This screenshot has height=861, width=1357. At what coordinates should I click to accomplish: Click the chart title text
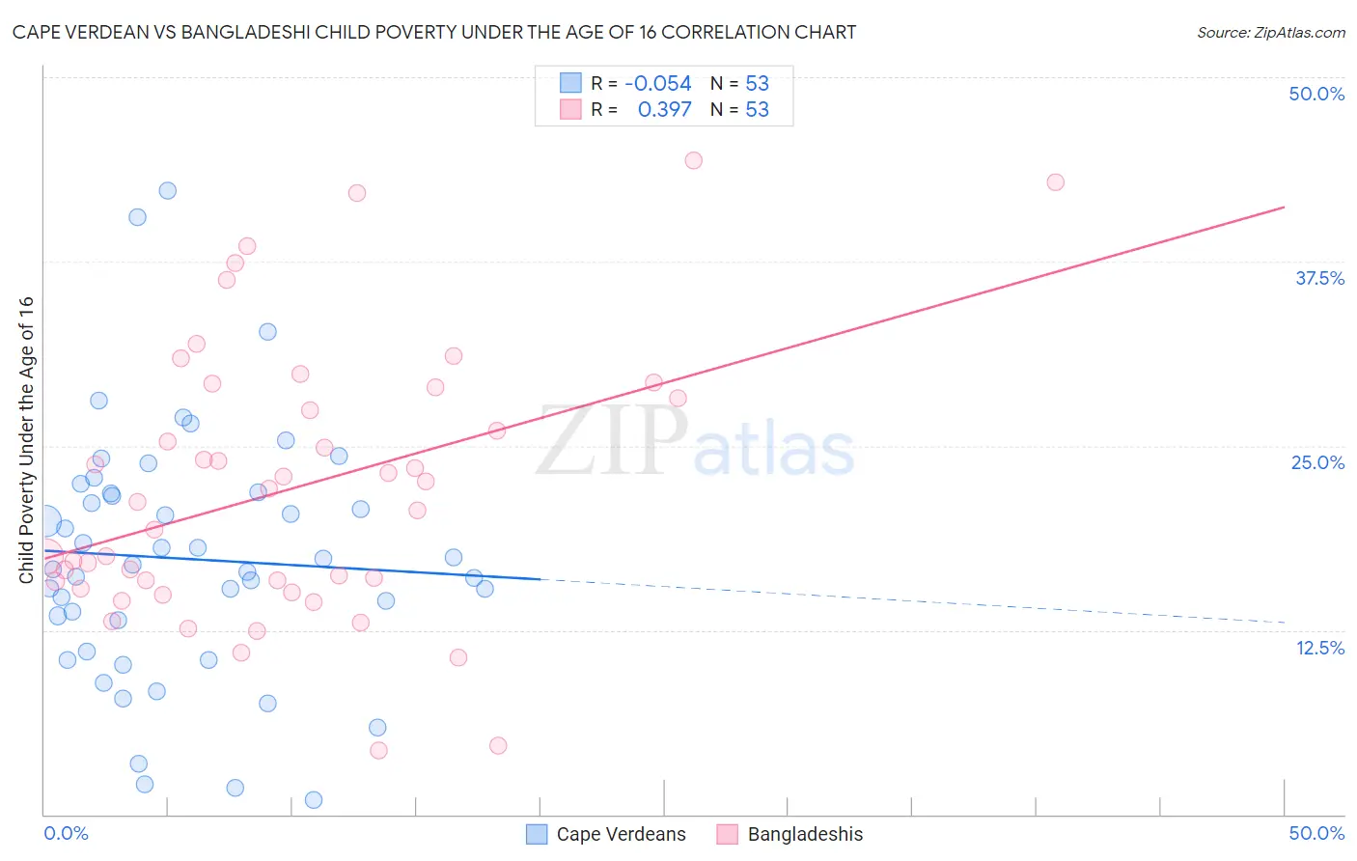coord(434,32)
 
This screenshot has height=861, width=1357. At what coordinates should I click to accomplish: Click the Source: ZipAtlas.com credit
coord(1270,32)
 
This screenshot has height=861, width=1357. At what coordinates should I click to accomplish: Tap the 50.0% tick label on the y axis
coord(1316,94)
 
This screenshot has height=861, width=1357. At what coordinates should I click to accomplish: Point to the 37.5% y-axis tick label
coord(1319,278)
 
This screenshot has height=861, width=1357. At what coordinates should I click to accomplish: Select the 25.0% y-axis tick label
coord(1317,462)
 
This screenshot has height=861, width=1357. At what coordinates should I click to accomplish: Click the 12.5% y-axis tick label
coord(1319,648)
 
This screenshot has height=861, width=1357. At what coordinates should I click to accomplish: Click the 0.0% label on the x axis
coord(66,833)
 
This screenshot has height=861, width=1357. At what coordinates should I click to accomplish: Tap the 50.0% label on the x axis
coord(1316,833)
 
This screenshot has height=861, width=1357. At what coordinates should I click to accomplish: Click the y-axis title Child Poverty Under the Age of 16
coord(26,439)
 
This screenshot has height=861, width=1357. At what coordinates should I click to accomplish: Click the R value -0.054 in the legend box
coord(658,84)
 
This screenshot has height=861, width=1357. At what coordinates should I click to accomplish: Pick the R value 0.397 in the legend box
coord(664,110)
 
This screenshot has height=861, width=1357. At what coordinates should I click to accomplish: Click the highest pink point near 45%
coord(693,160)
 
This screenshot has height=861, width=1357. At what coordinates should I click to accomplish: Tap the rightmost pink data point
coord(1055,182)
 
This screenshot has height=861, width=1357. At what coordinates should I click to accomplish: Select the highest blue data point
coord(167,190)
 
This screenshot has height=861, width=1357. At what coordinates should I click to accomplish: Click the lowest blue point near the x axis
coord(313,799)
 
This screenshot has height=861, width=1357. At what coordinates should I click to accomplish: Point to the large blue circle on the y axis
coord(44,522)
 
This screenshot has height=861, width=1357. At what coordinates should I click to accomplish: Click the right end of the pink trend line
coord(1284,207)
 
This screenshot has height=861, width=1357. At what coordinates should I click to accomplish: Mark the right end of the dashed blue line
coord(1284,623)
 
